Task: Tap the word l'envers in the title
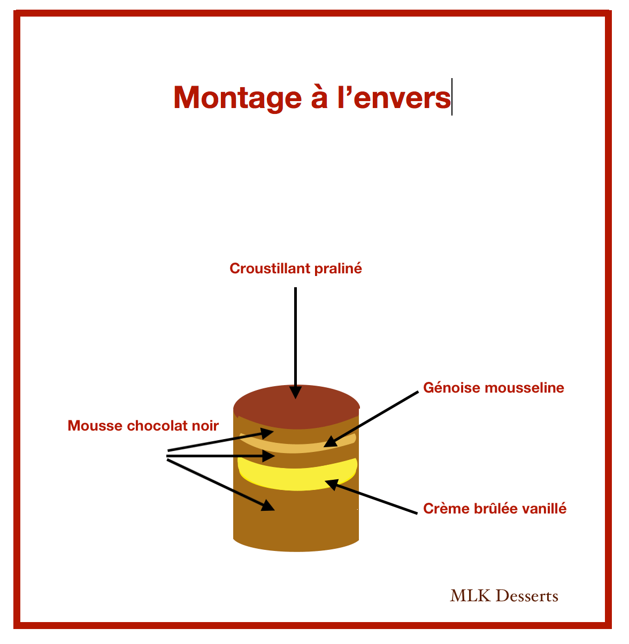pos(394,98)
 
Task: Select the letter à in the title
pos(319,97)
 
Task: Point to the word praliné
pos(338,269)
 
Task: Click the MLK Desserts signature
pos(504,596)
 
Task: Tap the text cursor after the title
pos(452,97)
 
